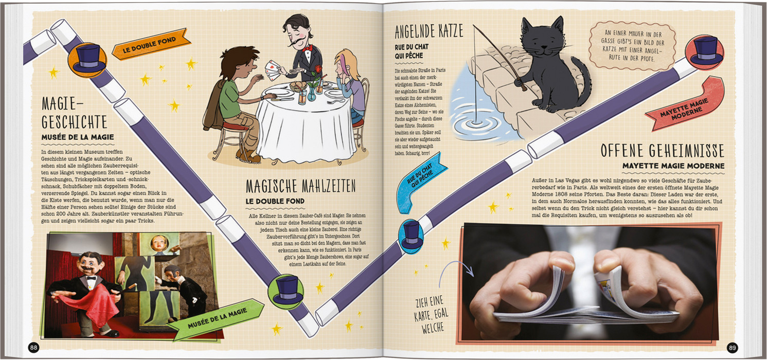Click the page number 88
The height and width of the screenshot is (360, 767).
pos(33,348)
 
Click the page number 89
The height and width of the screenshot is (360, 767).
pos(732,348)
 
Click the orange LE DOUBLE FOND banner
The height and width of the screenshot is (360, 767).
pos(151,44)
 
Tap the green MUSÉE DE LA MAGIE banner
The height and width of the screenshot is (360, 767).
pos(216,318)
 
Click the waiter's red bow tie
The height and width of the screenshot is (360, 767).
pos(307,48)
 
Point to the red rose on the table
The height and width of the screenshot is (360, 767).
pos(318,69)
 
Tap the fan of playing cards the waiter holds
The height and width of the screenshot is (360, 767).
pos(273,70)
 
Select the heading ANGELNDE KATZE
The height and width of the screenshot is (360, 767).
pos(429,31)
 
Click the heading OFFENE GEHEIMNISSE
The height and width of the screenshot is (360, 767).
pos(662,151)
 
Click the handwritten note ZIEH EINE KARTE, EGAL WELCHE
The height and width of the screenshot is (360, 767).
pos(431,314)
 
